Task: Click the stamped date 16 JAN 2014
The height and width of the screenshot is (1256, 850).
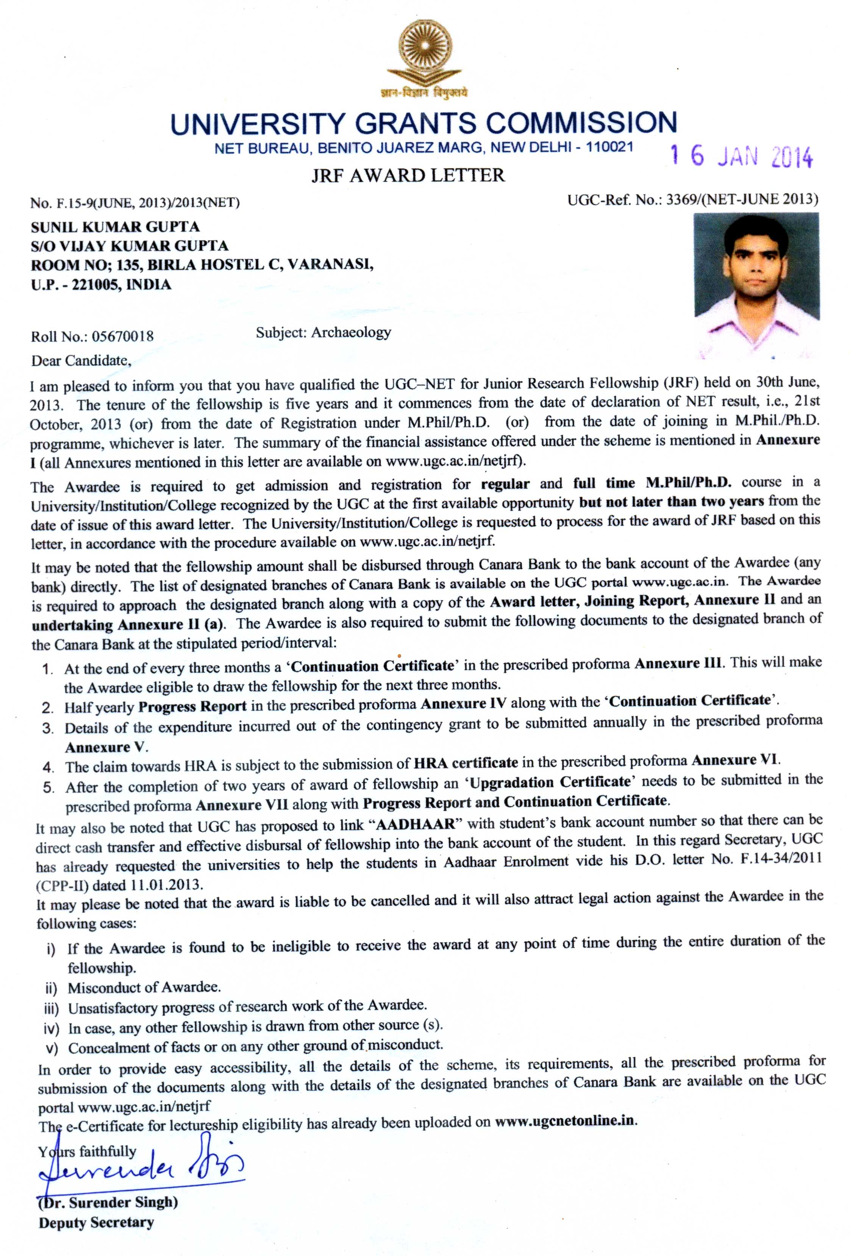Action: click(x=741, y=156)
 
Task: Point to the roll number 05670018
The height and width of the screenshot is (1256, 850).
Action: click(x=123, y=336)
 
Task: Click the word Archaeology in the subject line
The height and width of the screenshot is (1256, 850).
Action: click(x=350, y=332)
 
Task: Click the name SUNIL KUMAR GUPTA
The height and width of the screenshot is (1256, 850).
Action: click(x=115, y=226)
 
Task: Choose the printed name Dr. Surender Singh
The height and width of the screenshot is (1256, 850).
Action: click(x=108, y=1202)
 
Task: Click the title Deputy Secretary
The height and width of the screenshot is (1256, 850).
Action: click(x=96, y=1222)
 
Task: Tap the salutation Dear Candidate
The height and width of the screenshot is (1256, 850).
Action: click(x=81, y=360)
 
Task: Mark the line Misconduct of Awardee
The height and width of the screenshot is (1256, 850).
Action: click(x=144, y=987)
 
